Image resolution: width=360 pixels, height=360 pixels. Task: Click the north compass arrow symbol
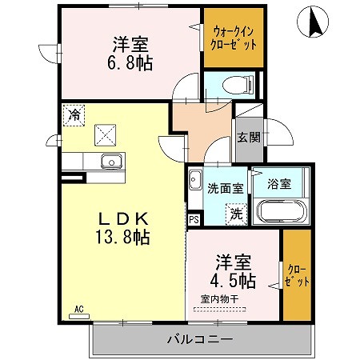312,22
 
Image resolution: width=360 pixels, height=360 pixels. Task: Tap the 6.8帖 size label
128,62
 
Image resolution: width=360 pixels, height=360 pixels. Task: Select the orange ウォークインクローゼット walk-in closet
234,38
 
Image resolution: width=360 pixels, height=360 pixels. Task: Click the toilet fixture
235,84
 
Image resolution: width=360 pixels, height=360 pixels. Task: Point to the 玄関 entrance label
249,137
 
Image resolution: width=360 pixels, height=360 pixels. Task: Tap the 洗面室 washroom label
222,189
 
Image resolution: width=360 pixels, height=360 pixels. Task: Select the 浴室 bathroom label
279,184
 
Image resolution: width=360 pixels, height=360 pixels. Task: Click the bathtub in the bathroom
280,213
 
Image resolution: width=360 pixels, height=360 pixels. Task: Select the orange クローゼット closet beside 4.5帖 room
296,276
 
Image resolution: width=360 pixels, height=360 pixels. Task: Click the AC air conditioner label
79,309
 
